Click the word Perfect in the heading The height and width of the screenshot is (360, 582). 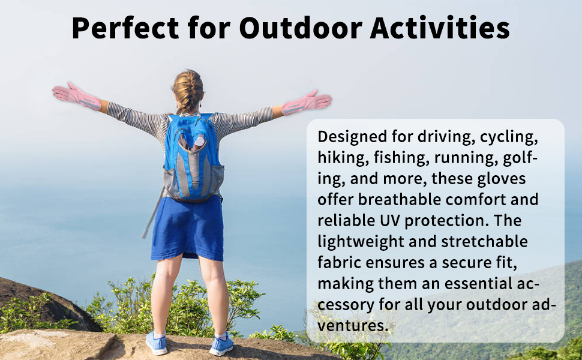tap(125, 29)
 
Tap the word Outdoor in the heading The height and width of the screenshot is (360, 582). tap(301, 28)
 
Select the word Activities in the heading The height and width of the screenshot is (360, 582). tap(440, 28)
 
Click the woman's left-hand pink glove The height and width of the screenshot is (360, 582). tap(76, 97)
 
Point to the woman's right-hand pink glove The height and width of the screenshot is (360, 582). tap(307, 103)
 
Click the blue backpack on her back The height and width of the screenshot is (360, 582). tap(193, 157)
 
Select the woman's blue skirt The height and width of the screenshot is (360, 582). tap(187, 227)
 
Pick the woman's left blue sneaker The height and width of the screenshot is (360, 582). tap(156, 343)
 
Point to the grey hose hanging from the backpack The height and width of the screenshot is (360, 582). tap(152, 214)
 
